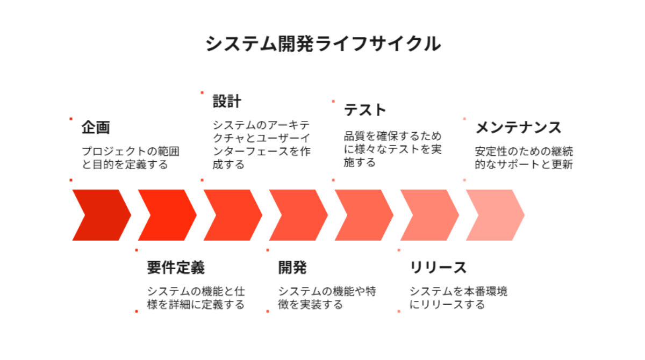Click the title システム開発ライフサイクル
pyautogui.click(x=323, y=44)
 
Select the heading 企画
pyautogui.click(x=96, y=127)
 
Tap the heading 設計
pyautogui.click(x=227, y=102)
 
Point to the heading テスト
pyautogui.click(x=365, y=110)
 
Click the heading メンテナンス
pyautogui.click(x=518, y=127)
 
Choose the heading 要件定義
pyautogui.click(x=176, y=268)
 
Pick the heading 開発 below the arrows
pyautogui.click(x=292, y=268)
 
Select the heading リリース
pyautogui.click(x=438, y=268)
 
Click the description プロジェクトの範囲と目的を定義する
pyautogui.click(x=131, y=157)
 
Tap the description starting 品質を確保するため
pyautogui.click(x=392, y=149)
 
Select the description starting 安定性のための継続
pyautogui.click(x=524, y=157)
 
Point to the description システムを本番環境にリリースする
pyautogui.click(x=458, y=298)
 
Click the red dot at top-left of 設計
pyautogui.click(x=202, y=92)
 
